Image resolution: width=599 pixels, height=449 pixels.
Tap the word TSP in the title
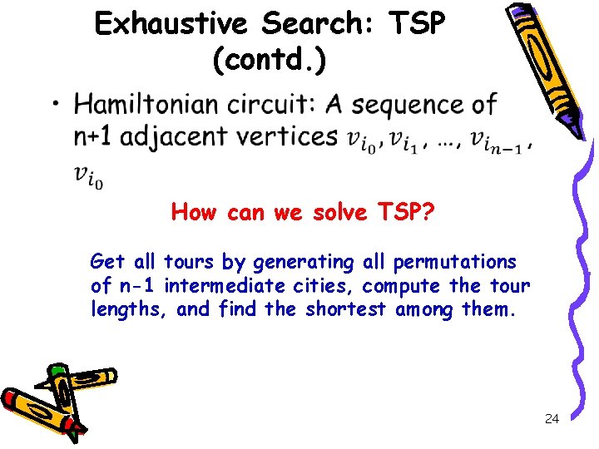point(415,24)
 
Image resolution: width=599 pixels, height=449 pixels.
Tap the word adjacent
point(178,136)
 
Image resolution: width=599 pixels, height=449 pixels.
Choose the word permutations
point(455,263)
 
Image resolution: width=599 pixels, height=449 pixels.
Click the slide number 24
point(551,419)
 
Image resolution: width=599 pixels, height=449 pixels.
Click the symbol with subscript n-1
point(497,141)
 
